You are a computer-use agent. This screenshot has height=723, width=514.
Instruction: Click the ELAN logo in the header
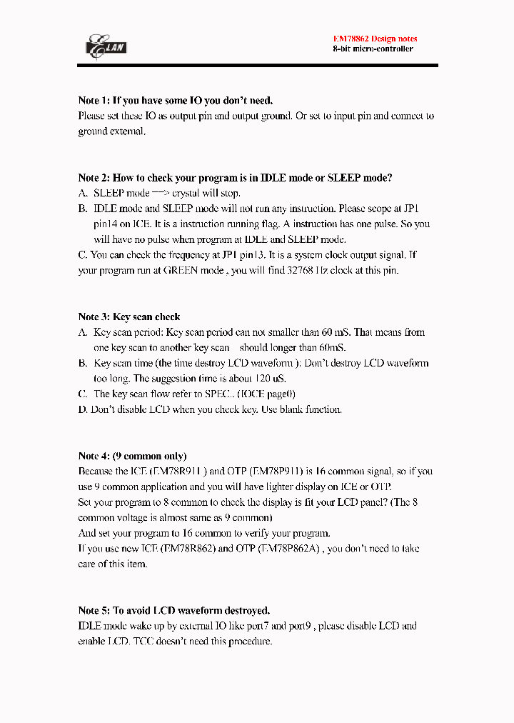pyautogui.click(x=106, y=46)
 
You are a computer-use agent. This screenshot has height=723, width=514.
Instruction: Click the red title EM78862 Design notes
pyautogui.click(x=375, y=39)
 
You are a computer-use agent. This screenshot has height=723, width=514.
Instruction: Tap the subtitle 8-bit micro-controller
pyautogui.click(x=373, y=49)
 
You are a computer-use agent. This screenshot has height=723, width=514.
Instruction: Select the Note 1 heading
pyautogui.click(x=175, y=101)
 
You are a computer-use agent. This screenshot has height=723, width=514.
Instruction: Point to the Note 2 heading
pyautogui.click(x=235, y=178)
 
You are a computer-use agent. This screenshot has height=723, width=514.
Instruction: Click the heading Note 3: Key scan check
pyautogui.click(x=129, y=316)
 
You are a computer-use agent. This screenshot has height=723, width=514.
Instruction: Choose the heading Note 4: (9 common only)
pyautogui.click(x=132, y=456)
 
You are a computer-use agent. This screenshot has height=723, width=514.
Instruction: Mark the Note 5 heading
pyautogui.click(x=173, y=610)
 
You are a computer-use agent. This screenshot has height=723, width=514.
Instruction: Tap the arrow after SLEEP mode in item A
pyautogui.click(x=161, y=194)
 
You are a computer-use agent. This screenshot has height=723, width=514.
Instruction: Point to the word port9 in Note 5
pyautogui.click(x=314, y=627)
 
